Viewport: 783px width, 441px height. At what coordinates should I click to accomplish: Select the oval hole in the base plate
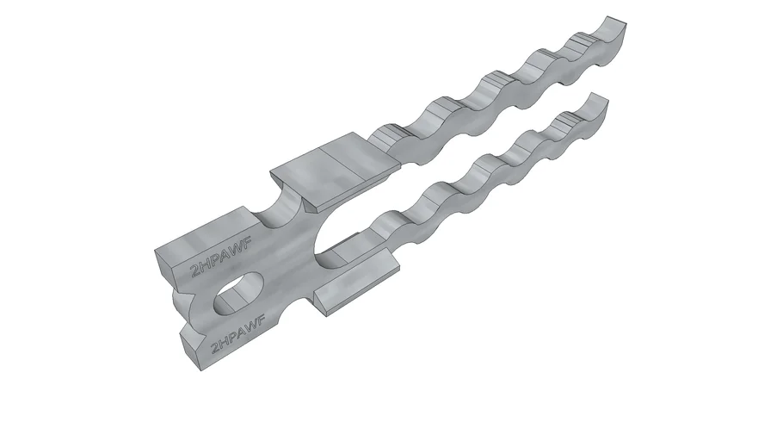click(238, 294)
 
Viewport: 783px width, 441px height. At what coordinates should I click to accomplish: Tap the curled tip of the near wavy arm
click(597, 103)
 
